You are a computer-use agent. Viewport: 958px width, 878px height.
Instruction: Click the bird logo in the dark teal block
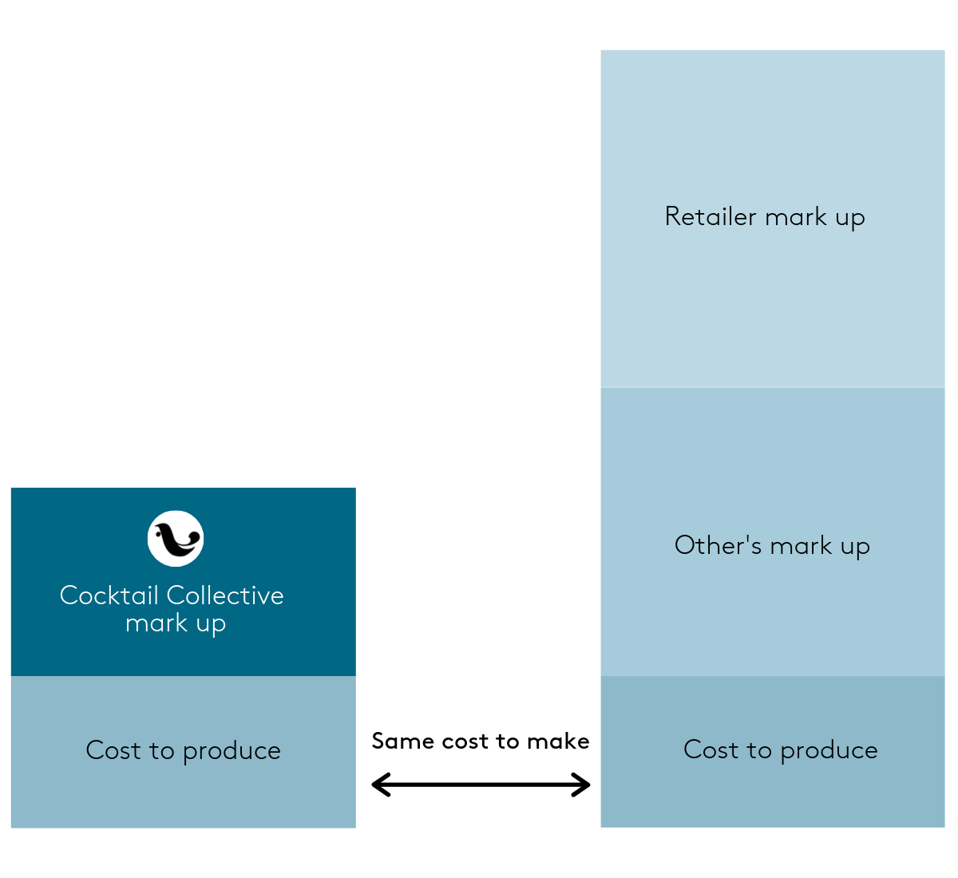tap(176, 539)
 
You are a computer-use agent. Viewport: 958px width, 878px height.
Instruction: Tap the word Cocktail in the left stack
tap(109, 595)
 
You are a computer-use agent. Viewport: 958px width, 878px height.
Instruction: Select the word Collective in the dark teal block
tap(225, 595)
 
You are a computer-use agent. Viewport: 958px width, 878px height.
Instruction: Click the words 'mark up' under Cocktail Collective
tap(176, 623)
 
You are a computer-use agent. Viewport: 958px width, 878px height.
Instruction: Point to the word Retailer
tap(711, 216)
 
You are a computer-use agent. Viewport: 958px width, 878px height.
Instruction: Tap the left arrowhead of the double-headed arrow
tap(381, 785)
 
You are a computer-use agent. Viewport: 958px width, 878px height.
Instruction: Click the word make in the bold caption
tap(558, 742)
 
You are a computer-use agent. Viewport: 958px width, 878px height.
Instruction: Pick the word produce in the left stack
tap(232, 751)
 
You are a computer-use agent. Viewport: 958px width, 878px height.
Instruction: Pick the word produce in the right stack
tap(829, 750)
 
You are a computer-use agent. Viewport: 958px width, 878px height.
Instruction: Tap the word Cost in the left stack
tap(113, 750)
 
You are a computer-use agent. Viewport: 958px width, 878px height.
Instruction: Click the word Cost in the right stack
tap(711, 749)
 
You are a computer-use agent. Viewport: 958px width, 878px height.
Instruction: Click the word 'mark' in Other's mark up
tap(802, 545)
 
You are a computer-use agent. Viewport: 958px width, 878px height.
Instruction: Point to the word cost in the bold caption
tap(465, 742)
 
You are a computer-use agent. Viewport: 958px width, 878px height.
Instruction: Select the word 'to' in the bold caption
tap(508, 742)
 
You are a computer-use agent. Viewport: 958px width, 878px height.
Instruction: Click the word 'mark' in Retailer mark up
tap(796, 216)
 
